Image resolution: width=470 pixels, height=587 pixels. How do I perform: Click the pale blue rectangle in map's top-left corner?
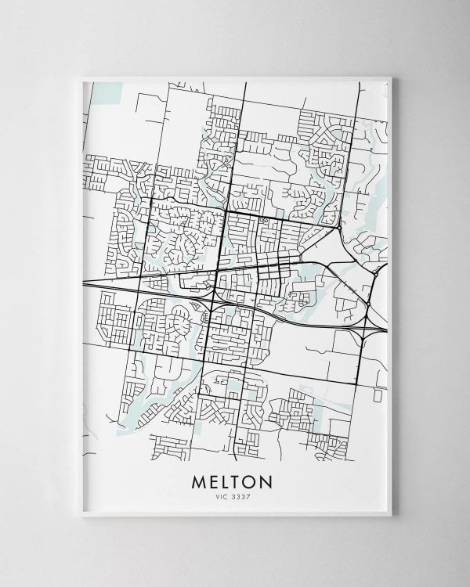coord(107,92)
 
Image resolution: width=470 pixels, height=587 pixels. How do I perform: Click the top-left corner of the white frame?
coord(81,77)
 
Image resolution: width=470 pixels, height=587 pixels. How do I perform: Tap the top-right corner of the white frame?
coord(390,77)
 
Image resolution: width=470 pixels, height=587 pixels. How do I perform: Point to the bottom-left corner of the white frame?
coord(81,516)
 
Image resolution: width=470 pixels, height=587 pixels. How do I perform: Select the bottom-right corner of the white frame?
coord(390,516)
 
